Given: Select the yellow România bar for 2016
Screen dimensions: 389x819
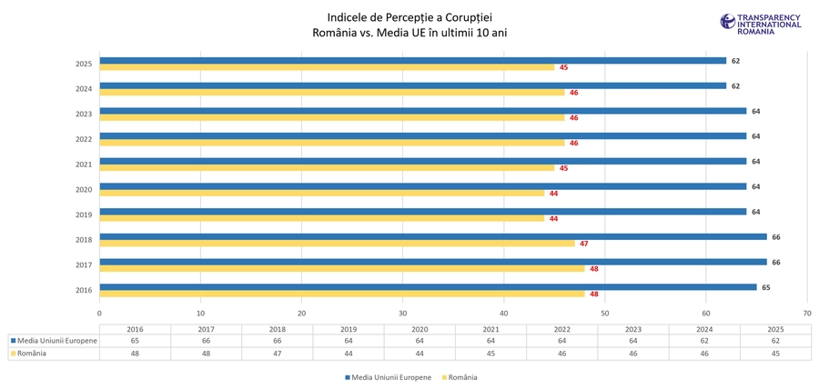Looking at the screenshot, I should tap(341, 294).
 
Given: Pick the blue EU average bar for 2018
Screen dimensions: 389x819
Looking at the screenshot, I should tap(432, 236).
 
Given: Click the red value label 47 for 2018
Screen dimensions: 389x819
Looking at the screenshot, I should tap(584, 244).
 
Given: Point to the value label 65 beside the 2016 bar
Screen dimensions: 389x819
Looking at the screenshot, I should tap(766, 287).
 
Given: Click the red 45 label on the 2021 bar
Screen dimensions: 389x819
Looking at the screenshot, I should tap(564, 168).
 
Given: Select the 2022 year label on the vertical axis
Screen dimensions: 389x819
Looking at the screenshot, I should tap(84, 139).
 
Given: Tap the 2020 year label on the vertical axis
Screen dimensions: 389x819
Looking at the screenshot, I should tap(84, 190).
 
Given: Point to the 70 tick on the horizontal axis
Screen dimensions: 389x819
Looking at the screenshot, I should tap(806, 313).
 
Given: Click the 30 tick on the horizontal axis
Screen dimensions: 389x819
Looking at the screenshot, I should tap(402, 313).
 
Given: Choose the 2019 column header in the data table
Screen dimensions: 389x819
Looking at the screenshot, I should tap(349, 329).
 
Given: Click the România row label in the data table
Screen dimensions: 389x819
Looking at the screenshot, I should tap(32, 354).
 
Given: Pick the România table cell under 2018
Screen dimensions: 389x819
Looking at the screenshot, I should tap(278, 354).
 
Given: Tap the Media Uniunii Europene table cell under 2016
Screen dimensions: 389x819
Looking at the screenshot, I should tap(135, 341).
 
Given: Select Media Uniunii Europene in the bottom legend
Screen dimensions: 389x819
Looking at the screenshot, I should tap(389, 377).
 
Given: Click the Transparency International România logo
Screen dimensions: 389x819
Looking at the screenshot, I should tap(761, 24).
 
